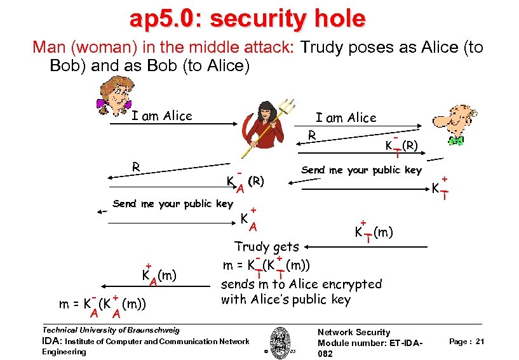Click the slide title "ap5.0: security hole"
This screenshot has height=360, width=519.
(x=247, y=18)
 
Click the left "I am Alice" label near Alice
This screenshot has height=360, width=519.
(x=161, y=116)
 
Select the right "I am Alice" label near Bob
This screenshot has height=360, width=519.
(x=346, y=117)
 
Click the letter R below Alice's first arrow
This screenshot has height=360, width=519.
(x=135, y=168)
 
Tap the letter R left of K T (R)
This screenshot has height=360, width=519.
(x=311, y=135)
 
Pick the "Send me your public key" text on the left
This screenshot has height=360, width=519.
(x=172, y=204)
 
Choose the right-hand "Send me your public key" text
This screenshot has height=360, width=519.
(x=361, y=170)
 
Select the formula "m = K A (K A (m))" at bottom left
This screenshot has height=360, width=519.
(x=102, y=304)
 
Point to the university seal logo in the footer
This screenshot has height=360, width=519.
(x=279, y=342)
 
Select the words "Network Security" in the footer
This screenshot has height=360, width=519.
(x=354, y=332)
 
